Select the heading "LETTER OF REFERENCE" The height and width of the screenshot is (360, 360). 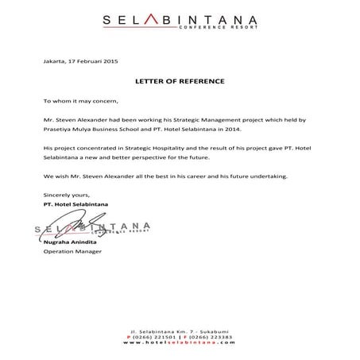click(x=180, y=82)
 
